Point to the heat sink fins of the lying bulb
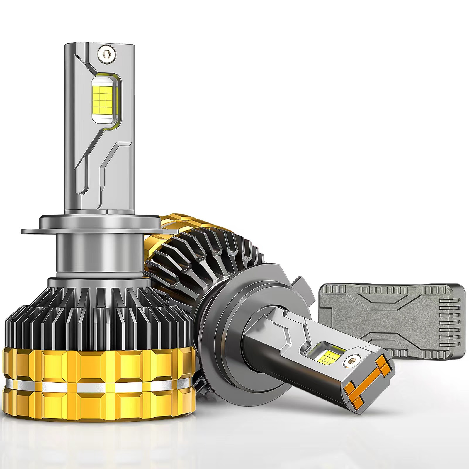coord(205,252)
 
